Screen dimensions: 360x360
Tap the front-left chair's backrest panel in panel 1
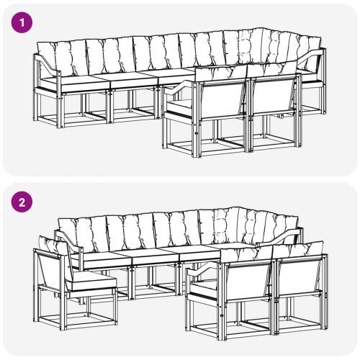pyautogui.click(x=221, y=96)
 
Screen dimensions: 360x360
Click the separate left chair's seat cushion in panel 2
pyautogui.click(x=86, y=277)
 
